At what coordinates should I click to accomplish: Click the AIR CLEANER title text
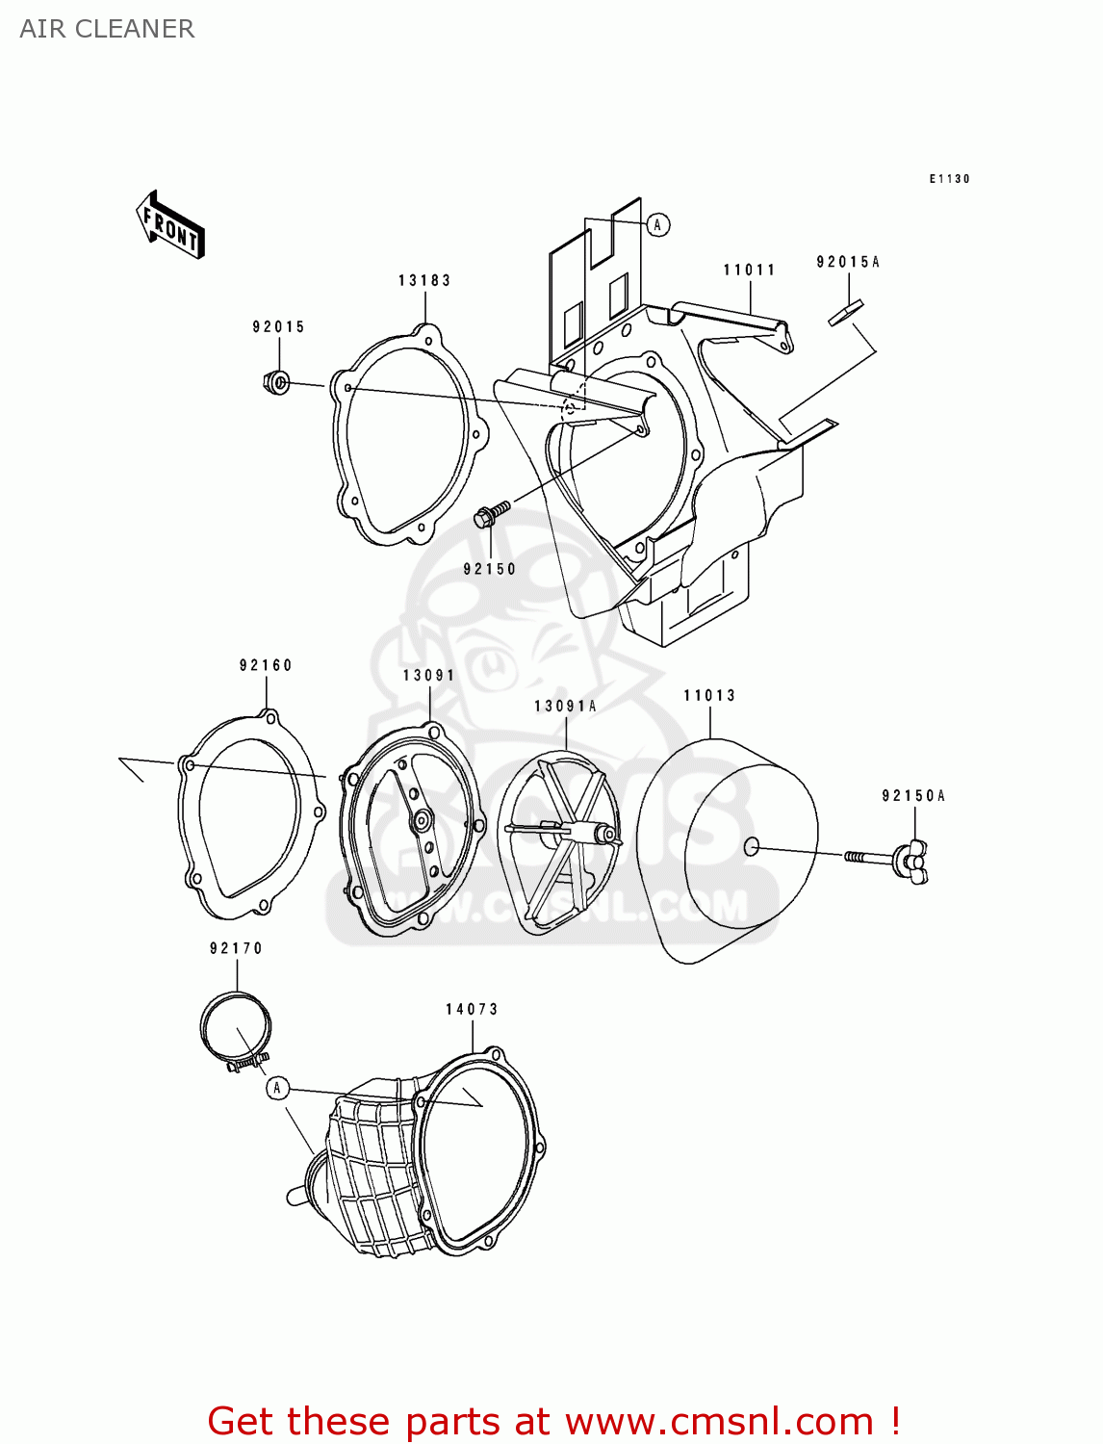[107, 29]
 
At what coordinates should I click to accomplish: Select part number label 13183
[424, 280]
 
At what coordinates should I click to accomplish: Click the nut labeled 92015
[276, 383]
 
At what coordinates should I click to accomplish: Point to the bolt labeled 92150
[491, 514]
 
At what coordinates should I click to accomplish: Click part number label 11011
[749, 270]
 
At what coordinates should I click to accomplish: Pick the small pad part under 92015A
[846, 314]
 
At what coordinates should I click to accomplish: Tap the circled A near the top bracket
[657, 225]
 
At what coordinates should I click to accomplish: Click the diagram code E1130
[949, 179]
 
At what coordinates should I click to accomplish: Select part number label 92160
[266, 665]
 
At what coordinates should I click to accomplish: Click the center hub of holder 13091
[422, 821]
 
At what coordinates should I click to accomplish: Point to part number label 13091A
[565, 707]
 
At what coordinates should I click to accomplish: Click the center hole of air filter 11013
[752, 846]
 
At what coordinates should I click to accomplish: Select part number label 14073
[472, 1009]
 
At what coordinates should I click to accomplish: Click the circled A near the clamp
[277, 1088]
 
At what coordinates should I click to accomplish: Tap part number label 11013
[709, 695]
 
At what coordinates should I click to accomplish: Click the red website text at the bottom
[553, 1421]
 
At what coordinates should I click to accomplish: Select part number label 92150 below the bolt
[490, 569]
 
